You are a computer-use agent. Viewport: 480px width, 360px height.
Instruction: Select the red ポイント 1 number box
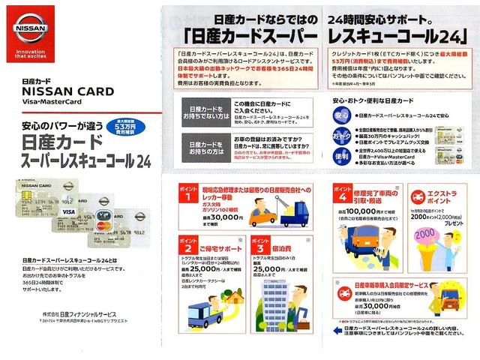tap(185, 197)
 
